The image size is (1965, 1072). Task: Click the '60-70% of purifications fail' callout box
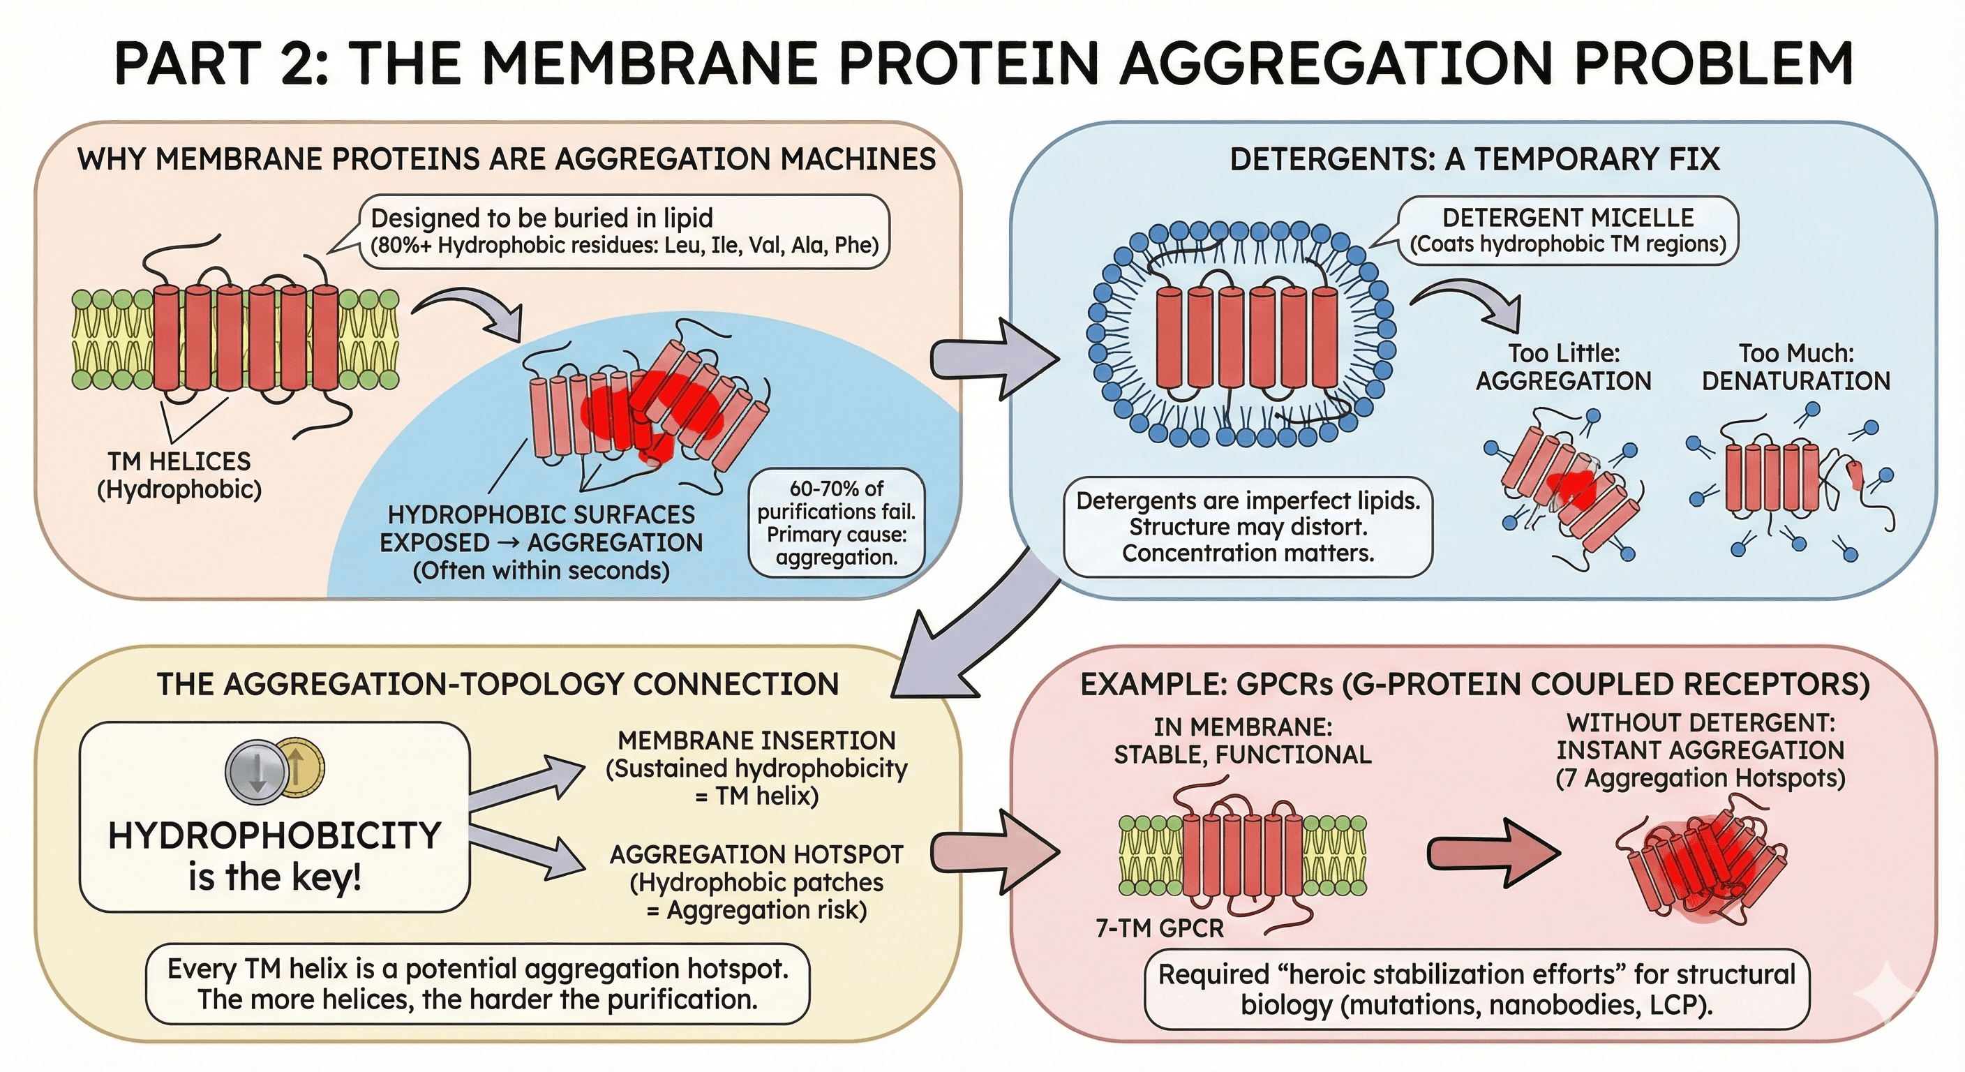(836, 523)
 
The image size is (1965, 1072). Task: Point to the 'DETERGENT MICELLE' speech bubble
(1567, 230)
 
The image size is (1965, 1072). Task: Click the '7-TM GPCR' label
(1160, 928)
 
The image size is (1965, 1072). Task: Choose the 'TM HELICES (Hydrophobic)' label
(179, 475)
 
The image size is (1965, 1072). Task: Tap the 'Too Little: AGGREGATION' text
(1563, 367)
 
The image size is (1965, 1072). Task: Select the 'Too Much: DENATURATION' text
(1795, 367)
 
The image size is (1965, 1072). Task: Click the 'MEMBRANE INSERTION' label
(756, 740)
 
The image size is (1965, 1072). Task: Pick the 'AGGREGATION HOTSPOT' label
(756, 854)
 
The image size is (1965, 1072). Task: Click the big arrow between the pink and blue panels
(992, 359)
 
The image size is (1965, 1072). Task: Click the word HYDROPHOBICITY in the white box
(275, 835)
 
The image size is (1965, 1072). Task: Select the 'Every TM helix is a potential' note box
(477, 984)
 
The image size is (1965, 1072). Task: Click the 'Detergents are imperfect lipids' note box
(1248, 526)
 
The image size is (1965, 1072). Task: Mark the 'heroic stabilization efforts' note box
(1477, 989)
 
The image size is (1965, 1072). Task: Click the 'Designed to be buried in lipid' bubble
(624, 231)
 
